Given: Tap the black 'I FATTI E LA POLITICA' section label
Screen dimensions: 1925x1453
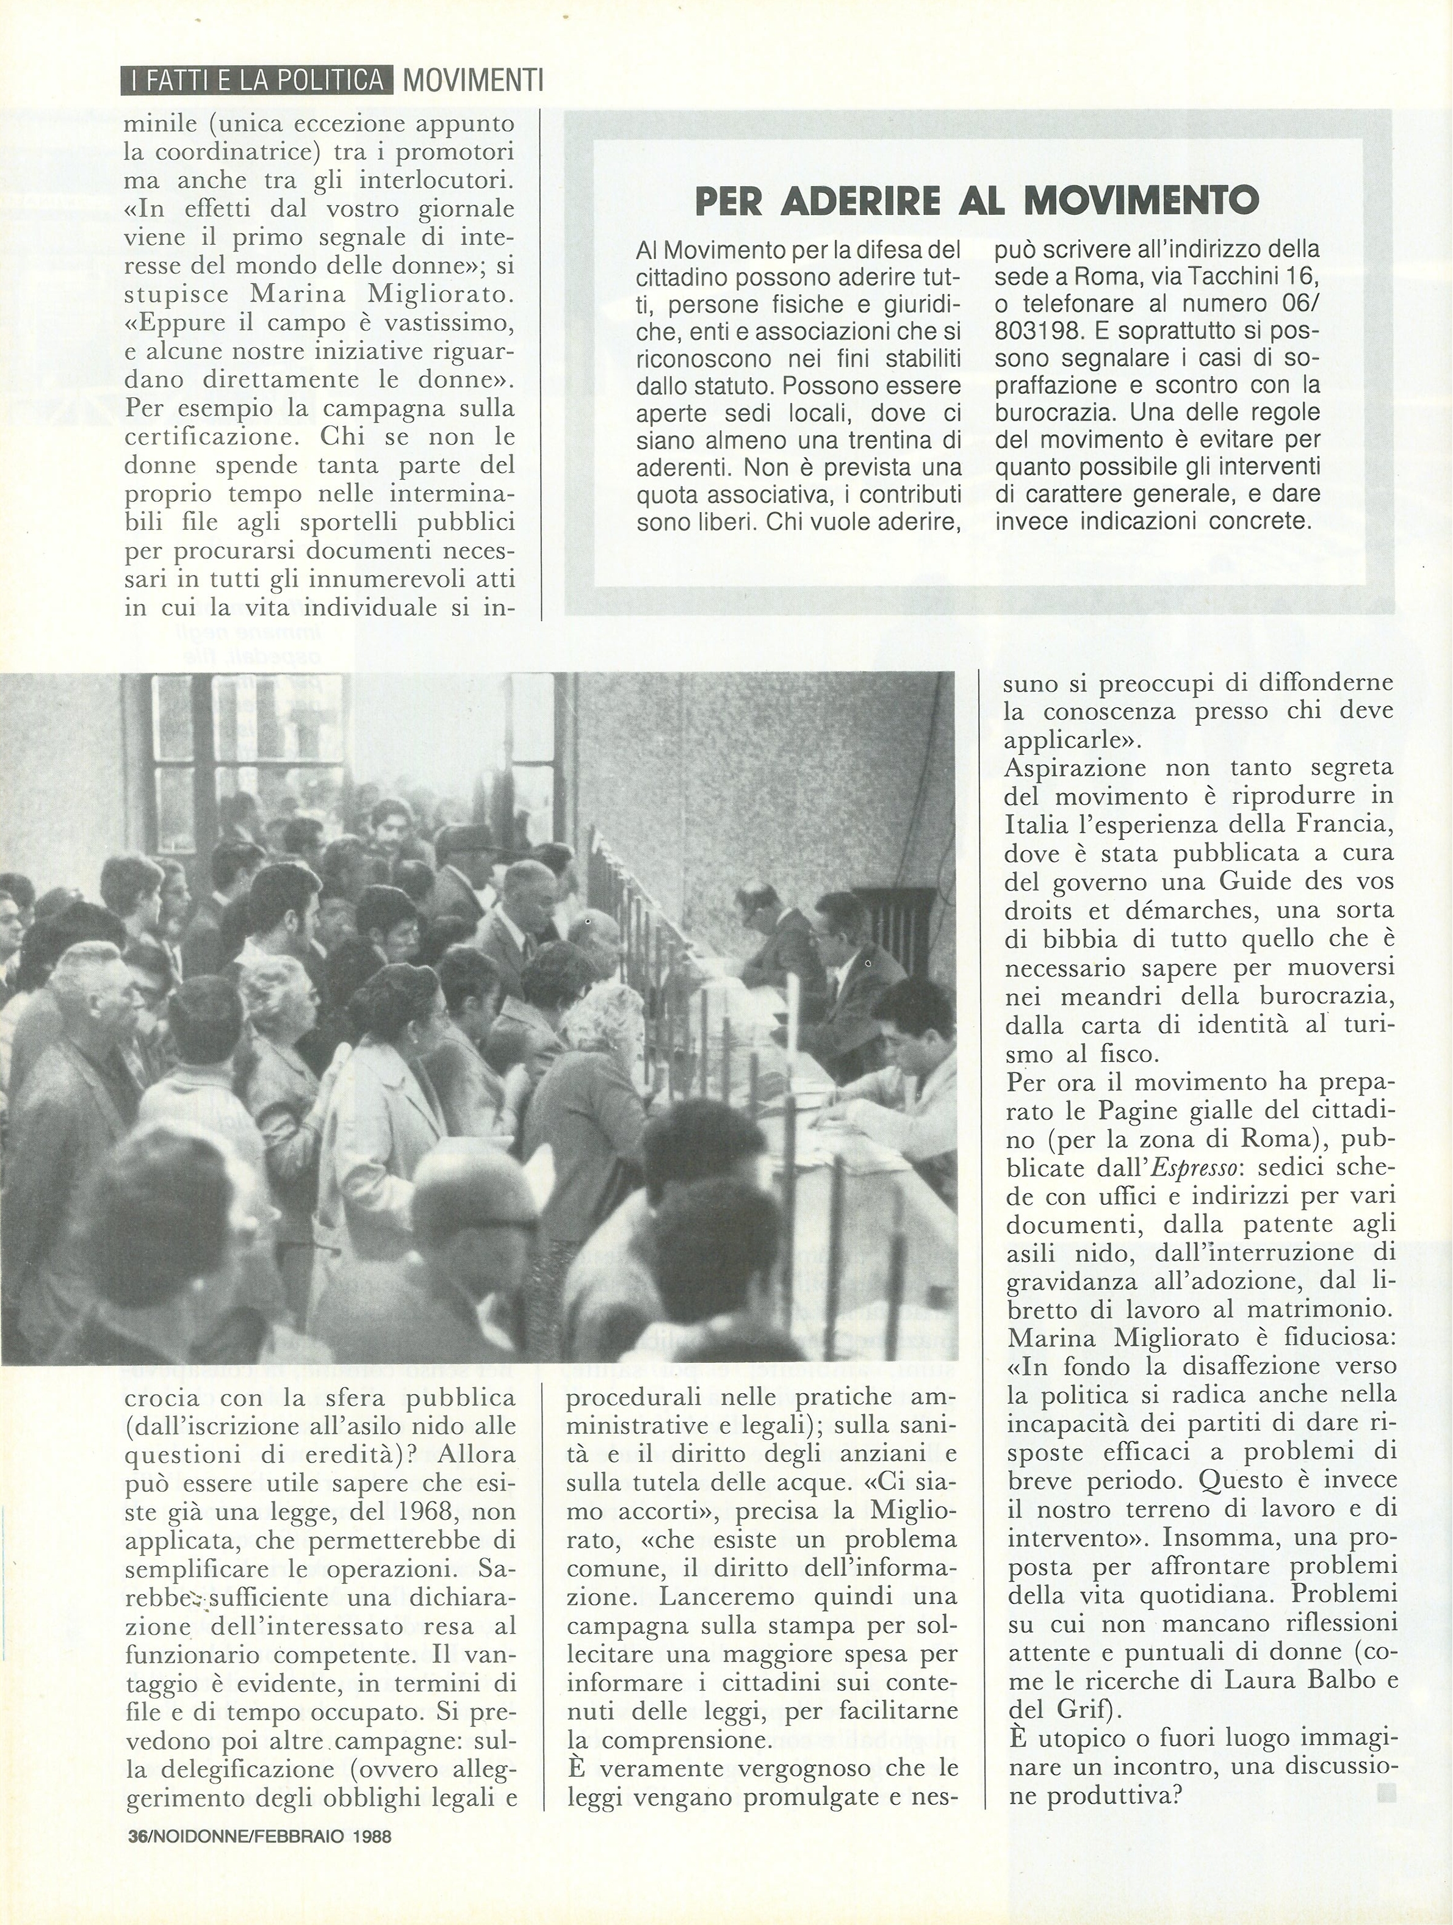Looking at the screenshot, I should pos(257,81).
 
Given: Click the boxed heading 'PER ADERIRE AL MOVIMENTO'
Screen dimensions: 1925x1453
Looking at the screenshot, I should pos(976,201).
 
